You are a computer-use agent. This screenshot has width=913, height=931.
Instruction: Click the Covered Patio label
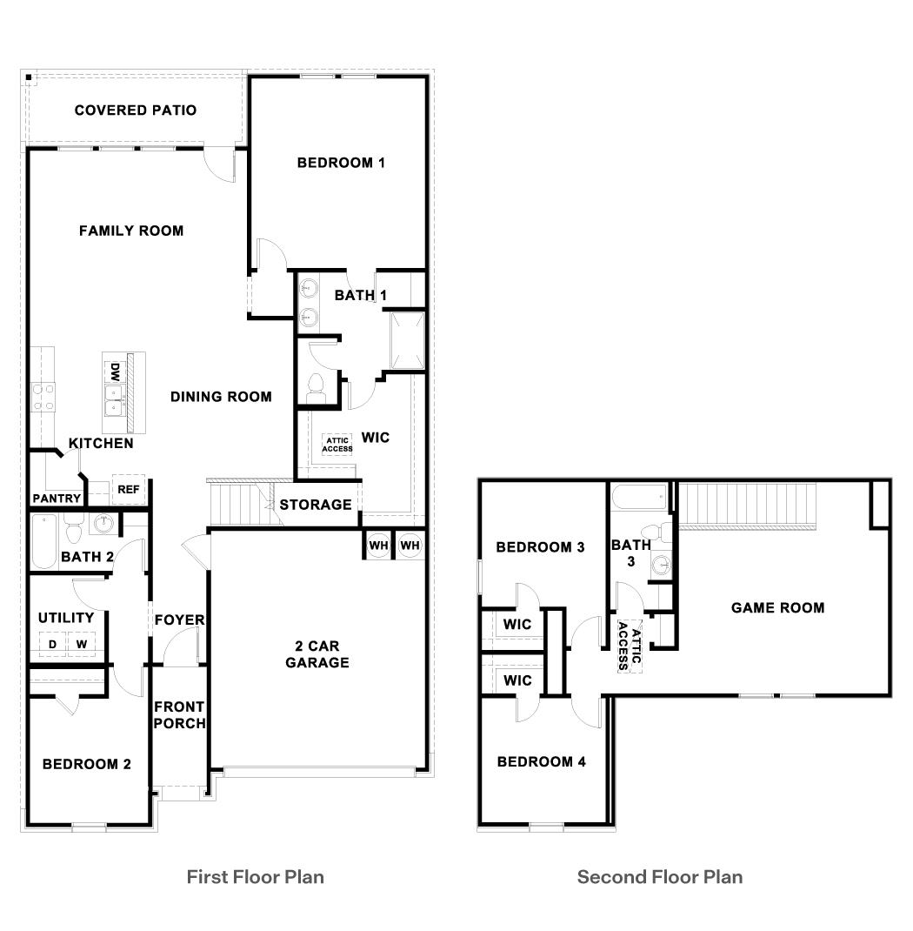[135, 111]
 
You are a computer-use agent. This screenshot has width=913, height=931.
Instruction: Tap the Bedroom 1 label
[340, 163]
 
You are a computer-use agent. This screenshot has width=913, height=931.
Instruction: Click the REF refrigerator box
[128, 490]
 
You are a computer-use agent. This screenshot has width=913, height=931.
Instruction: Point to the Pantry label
[57, 499]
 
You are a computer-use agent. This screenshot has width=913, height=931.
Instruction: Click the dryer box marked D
[52, 644]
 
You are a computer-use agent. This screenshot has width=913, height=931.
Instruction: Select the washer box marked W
[82, 644]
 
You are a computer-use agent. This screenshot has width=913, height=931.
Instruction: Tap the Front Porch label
[179, 715]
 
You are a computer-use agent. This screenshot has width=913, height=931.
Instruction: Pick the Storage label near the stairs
[315, 505]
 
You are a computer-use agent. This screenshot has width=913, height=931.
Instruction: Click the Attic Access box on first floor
[337, 445]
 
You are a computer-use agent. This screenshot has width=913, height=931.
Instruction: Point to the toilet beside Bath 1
[317, 384]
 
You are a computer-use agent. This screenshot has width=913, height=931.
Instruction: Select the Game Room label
[777, 608]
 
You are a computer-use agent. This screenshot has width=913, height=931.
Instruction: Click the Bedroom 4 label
[541, 762]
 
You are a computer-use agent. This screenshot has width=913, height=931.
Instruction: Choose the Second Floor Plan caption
[660, 876]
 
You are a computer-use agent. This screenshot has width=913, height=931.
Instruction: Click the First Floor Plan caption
[256, 876]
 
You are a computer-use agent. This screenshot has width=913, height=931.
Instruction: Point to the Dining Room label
[221, 397]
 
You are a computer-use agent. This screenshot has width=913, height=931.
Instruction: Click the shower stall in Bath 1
[406, 340]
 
